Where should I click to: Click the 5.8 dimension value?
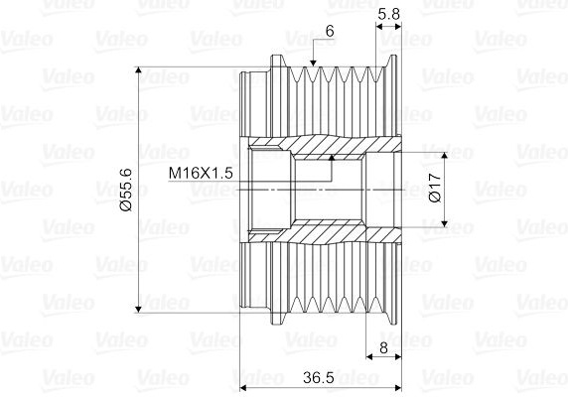[388, 14]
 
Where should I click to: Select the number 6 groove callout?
[330, 32]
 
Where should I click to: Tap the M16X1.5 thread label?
[201, 173]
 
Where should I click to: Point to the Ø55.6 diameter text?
[126, 190]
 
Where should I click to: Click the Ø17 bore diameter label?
[434, 188]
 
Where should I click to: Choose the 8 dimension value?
[383, 347]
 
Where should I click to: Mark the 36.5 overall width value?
[319, 378]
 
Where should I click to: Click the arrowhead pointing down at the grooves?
[314, 63]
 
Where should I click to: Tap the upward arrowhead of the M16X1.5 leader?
[331, 158]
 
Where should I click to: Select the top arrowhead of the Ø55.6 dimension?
[138, 70]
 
